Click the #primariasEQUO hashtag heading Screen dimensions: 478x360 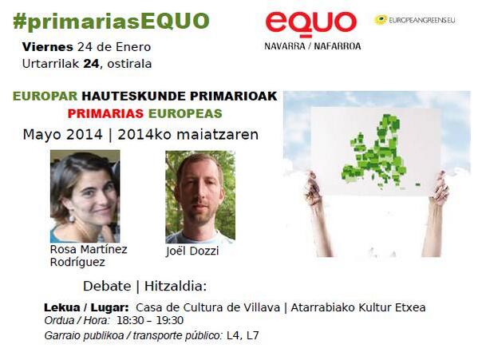pyautogui.click(x=111, y=22)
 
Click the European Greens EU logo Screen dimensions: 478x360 pyautogui.click(x=415, y=20)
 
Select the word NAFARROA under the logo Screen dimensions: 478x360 pyautogui.click(x=338, y=46)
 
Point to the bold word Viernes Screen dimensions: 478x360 pyautogui.click(x=48, y=47)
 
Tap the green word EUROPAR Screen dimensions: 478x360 pyautogui.click(x=45, y=97)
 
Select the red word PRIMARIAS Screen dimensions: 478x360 pyautogui.click(x=105, y=113)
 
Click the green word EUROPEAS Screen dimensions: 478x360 pyautogui.click(x=185, y=113)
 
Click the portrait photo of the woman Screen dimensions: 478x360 pyautogui.click(x=85, y=196)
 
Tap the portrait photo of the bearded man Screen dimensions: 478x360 pyautogui.click(x=200, y=197)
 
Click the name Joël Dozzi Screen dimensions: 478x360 pyautogui.click(x=192, y=251)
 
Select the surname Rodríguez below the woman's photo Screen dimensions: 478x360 pyautogui.click(x=77, y=262)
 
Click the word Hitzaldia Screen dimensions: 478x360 pyautogui.click(x=176, y=287)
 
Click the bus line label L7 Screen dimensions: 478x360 pyautogui.click(x=253, y=335)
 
